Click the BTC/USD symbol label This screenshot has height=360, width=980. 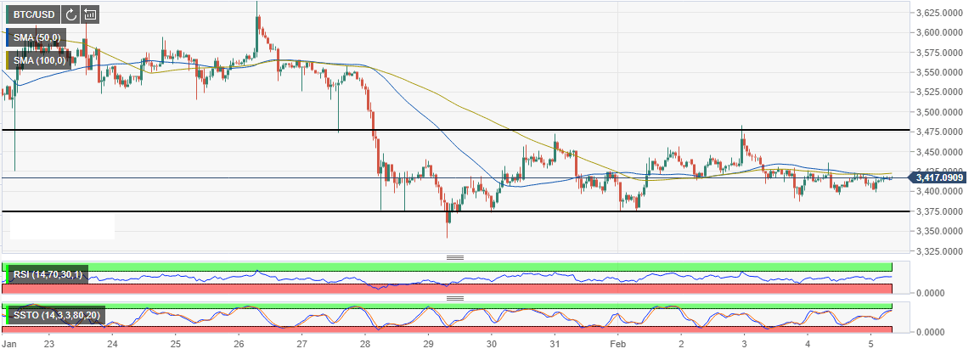click(34, 14)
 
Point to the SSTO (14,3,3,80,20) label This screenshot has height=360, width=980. click(54, 315)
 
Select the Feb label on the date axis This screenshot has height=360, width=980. click(617, 345)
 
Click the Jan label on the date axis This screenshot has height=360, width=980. click(10, 345)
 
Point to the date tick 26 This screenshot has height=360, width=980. click(239, 345)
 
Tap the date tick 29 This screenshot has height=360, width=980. click(428, 345)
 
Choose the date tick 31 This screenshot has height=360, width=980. click(555, 345)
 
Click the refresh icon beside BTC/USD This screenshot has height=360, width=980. click(70, 14)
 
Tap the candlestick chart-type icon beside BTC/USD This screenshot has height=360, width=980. click(90, 14)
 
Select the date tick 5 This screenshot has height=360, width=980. click(870, 345)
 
